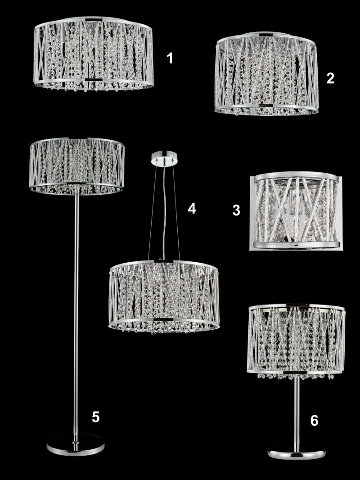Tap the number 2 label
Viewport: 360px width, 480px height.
pyautogui.click(x=330, y=78)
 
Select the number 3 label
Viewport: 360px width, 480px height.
pyautogui.click(x=236, y=210)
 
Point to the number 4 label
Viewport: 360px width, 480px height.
pyautogui.click(x=192, y=208)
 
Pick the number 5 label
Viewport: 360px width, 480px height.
pyautogui.click(x=96, y=417)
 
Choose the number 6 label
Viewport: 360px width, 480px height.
pyautogui.click(x=315, y=421)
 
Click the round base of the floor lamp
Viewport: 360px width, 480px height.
pyautogui.click(x=75, y=444)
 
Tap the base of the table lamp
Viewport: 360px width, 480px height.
pyautogui.click(x=297, y=453)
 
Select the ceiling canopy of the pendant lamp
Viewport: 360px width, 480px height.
pyautogui.click(x=165, y=157)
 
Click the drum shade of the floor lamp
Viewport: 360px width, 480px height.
pyautogui.click(x=77, y=166)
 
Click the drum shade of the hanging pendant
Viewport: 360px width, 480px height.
pyautogui.click(x=164, y=296)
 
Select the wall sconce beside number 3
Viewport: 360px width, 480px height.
pyautogui.click(x=296, y=211)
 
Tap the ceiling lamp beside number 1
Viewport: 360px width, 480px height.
pyautogui.click(x=93, y=53)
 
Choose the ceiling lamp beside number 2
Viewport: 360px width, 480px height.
pyautogui.click(x=266, y=74)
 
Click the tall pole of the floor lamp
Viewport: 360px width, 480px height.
pyautogui.click(x=76, y=313)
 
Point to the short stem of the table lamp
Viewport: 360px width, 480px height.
pyautogui.click(x=297, y=413)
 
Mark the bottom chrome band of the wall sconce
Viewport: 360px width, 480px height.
pyautogui.click(x=296, y=245)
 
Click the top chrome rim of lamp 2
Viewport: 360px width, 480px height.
pyautogui.click(x=265, y=37)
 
